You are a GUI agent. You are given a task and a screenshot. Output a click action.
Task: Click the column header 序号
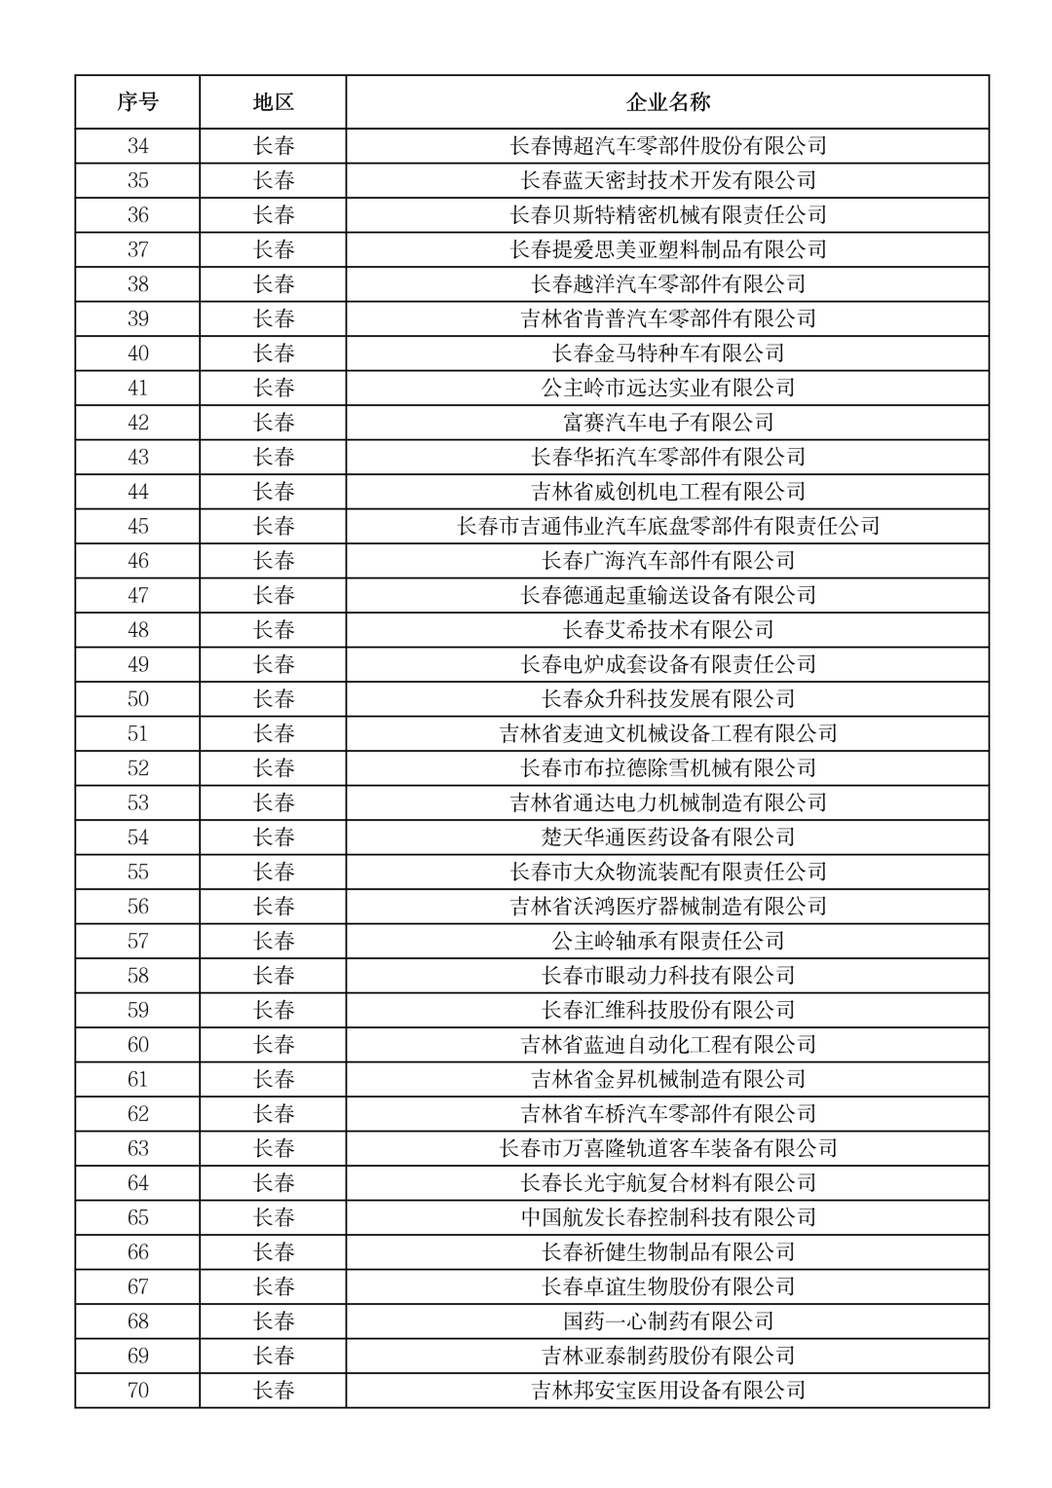(x=137, y=102)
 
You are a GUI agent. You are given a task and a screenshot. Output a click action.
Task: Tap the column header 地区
(x=273, y=102)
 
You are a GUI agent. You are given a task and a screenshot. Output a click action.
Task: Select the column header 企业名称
(x=667, y=102)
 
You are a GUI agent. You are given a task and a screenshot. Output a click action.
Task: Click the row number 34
(x=137, y=146)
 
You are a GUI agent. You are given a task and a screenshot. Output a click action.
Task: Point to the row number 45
(x=137, y=527)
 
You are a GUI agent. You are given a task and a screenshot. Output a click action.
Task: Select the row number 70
(x=137, y=1391)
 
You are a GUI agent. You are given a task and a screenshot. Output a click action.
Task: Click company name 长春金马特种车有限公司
(x=667, y=353)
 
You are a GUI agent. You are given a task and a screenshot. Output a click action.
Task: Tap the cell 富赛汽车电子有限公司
(x=667, y=423)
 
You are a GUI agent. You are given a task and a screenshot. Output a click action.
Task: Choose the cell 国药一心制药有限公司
(x=667, y=1321)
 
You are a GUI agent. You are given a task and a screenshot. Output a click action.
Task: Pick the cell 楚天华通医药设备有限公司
(x=667, y=837)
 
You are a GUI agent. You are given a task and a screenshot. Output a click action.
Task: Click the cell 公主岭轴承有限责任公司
(x=667, y=941)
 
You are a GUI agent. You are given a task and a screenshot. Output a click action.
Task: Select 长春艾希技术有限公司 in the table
(x=667, y=630)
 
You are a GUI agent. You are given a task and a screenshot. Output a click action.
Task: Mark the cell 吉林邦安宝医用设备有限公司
(x=667, y=1391)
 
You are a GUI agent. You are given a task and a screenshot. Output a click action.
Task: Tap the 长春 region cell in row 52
(x=273, y=768)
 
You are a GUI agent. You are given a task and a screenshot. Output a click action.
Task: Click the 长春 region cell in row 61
(x=273, y=1079)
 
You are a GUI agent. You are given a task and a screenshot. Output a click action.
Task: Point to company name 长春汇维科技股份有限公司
(x=667, y=1010)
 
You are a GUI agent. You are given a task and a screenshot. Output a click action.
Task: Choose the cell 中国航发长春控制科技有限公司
(x=667, y=1217)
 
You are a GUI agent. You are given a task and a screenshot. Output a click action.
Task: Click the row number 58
(x=137, y=976)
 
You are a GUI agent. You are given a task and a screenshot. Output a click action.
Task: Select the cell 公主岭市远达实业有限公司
(x=667, y=388)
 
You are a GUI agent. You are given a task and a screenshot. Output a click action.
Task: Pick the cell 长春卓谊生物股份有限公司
(x=667, y=1286)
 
